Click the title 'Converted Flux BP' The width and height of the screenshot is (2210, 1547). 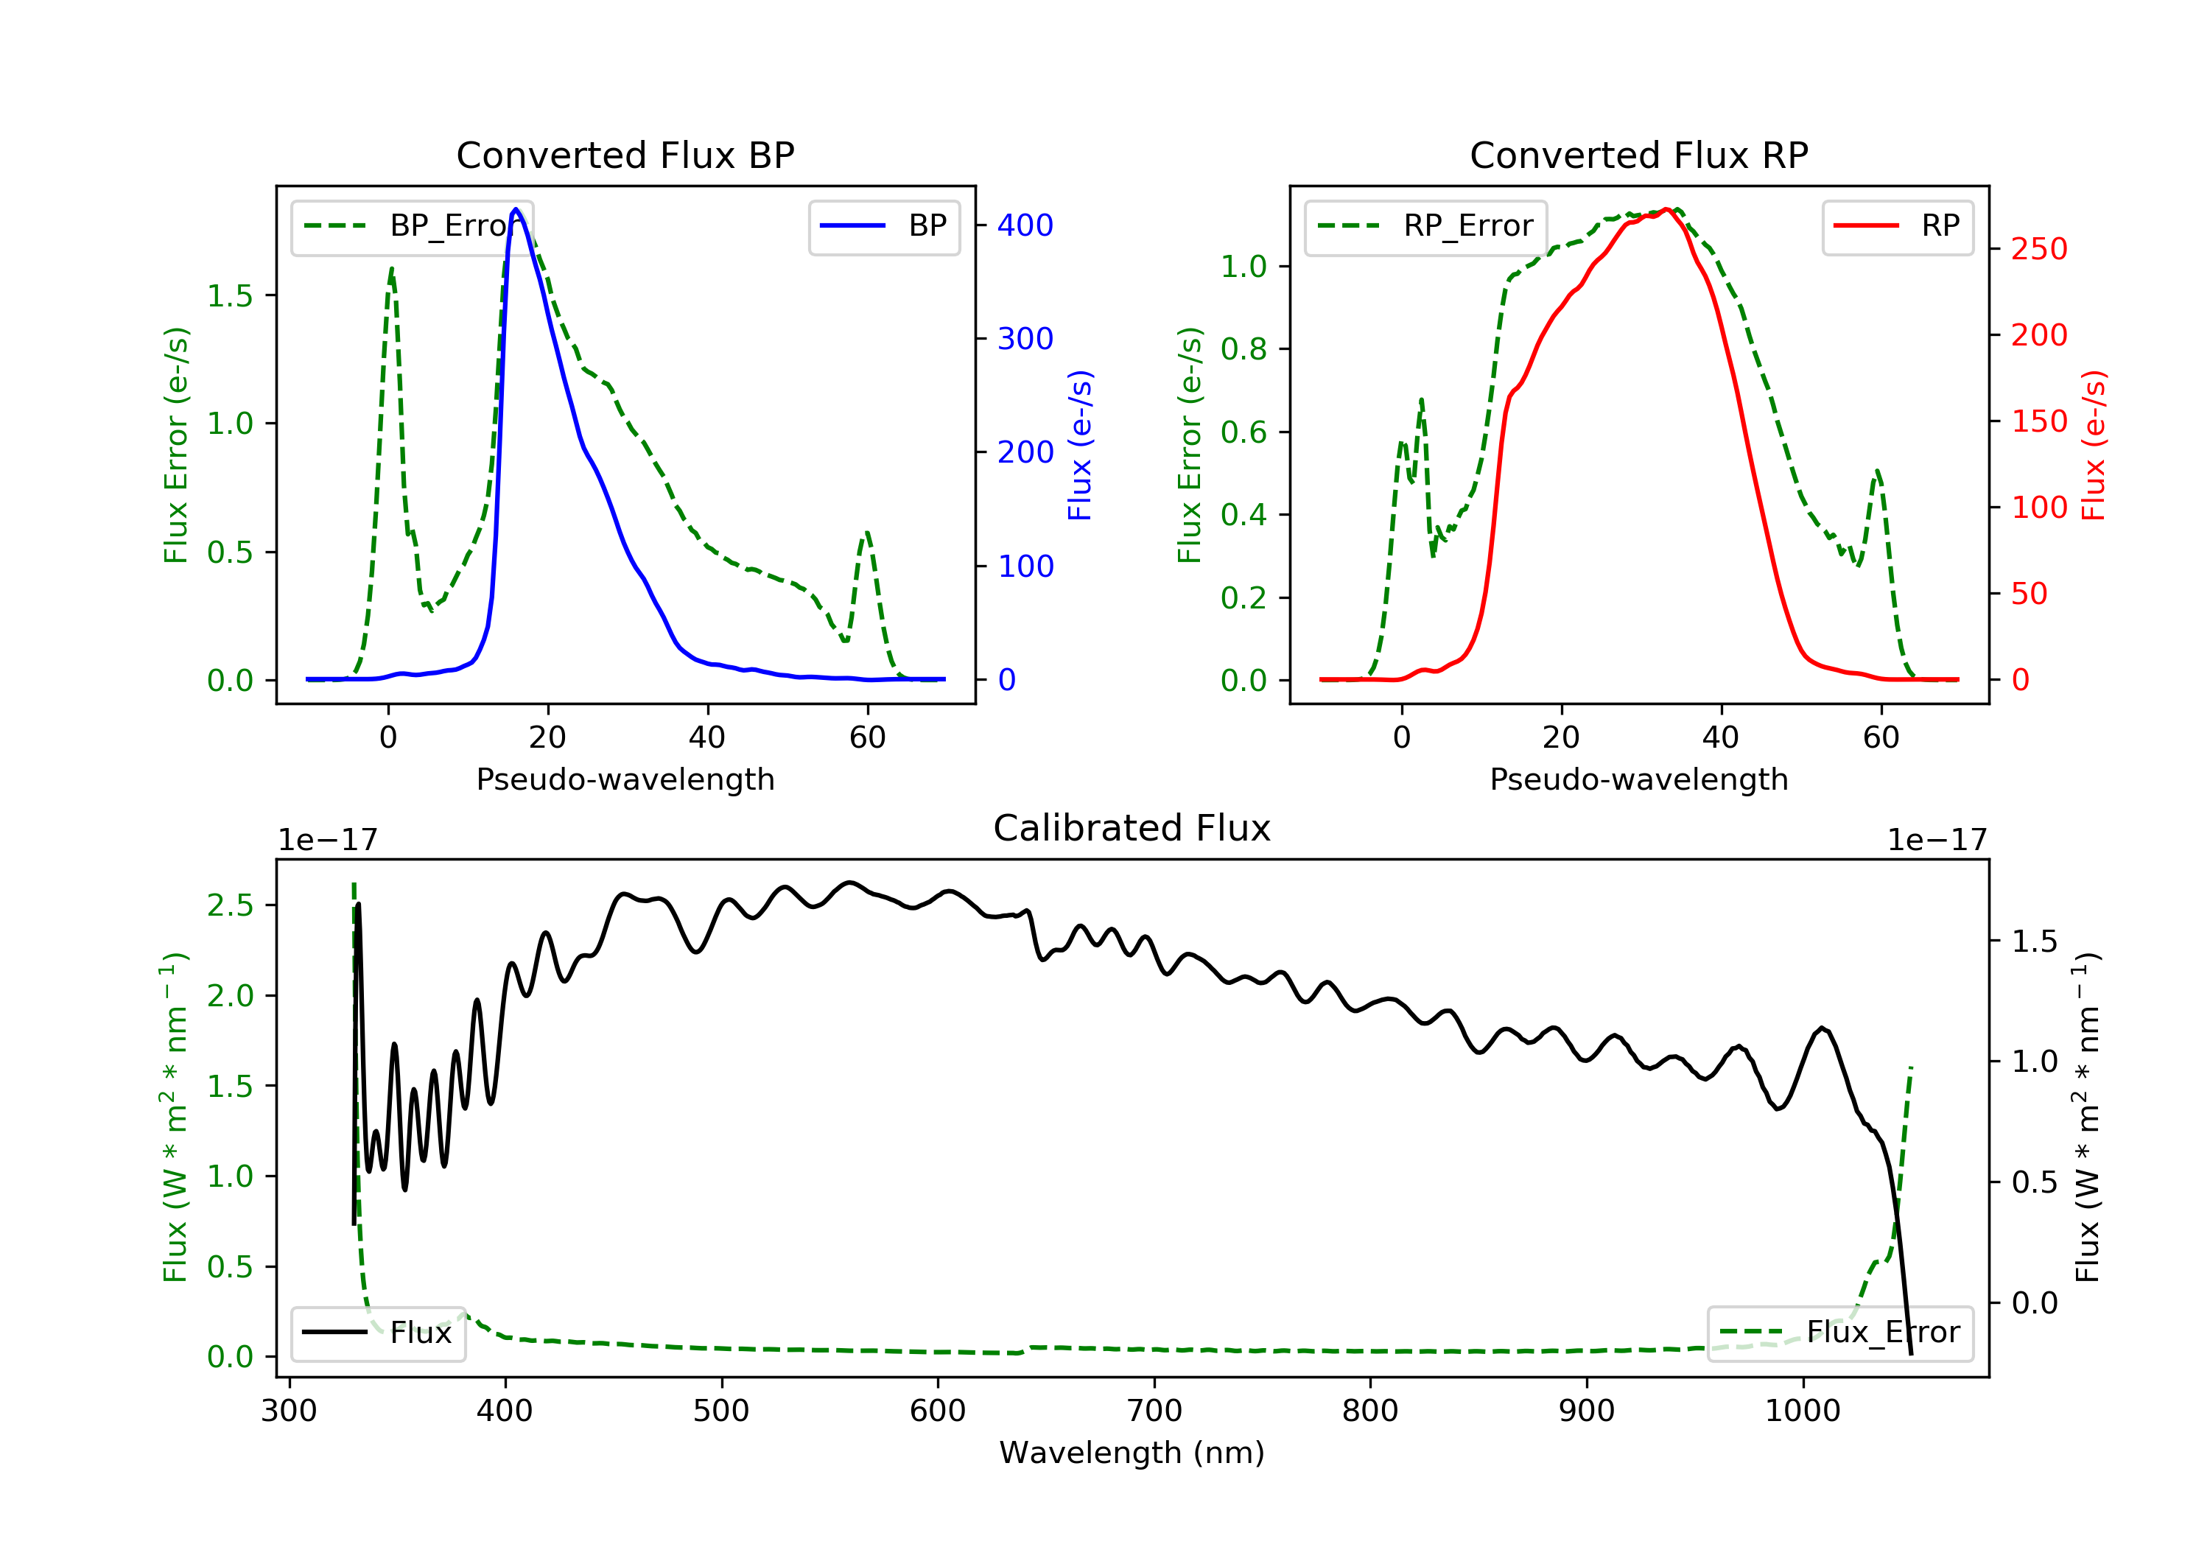click(625, 155)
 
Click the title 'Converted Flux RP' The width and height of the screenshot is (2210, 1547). click(1639, 155)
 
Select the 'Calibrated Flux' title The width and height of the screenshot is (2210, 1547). click(1132, 828)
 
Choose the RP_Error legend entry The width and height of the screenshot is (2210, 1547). click(1425, 227)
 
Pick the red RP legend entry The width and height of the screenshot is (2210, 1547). click(1897, 227)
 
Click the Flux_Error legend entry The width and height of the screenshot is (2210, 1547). click(1839, 1333)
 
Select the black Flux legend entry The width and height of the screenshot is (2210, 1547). click(377, 1333)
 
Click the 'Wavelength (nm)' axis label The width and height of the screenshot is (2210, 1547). click(1132, 1453)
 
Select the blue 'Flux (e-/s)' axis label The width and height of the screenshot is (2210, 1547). click(1080, 446)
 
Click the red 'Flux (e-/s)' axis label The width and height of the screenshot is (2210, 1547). click(2094, 446)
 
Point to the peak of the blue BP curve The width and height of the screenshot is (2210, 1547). click(516, 209)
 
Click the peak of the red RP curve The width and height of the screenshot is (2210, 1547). click(1665, 209)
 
